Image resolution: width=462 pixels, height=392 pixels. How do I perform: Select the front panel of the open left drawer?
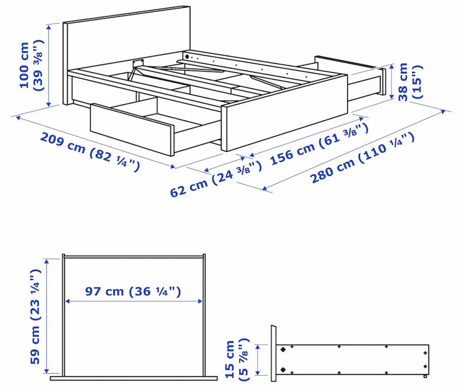(x=131, y=129)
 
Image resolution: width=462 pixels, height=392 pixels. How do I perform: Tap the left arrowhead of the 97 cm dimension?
(x=67, y=301)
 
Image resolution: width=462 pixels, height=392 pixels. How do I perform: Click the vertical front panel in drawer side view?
(x=273, y=353)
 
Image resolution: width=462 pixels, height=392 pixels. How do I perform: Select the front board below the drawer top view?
(x=133, y=378)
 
